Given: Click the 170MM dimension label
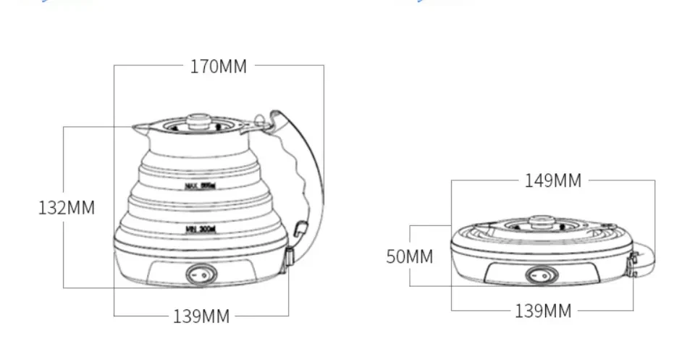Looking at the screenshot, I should [x=219, y=67].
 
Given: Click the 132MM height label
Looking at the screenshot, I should [x=67, y=208].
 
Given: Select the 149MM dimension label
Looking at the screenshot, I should [x=553, y=180].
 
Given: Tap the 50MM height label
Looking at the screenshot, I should [x=409, y=256].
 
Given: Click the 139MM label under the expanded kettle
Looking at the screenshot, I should [x=201, y=316].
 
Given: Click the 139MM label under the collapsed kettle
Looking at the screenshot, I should [x=543, y=311].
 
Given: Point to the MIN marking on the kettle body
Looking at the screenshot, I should [x=201, y=229].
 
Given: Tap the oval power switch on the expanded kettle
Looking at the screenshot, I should [x=201, y=274].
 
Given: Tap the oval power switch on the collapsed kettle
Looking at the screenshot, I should [x=542, y=275].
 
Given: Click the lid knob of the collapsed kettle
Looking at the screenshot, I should [x=541, y=220].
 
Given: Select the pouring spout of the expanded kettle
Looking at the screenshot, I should [x=139, y=129].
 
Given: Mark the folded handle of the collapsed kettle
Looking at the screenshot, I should [x=645, y=261].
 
